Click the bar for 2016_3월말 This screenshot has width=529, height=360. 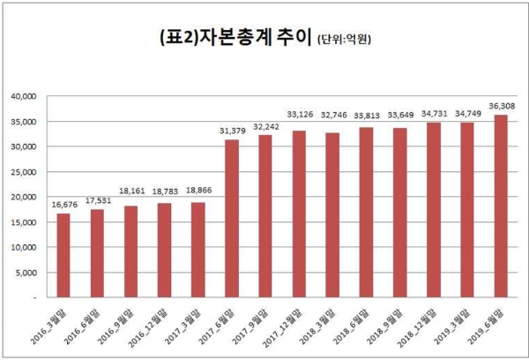pyautogui.click(x=63, y=255)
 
